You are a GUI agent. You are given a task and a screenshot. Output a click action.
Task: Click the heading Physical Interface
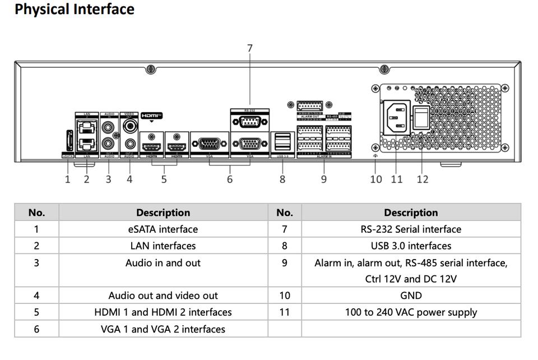(75, 10)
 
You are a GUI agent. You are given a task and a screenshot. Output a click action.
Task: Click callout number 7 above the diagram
(250, 48)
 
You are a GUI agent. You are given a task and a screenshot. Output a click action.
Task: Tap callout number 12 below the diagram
(423, 179)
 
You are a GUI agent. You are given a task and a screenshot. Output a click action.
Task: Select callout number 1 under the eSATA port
(68, 179)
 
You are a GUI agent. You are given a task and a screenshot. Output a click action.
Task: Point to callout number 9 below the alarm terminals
(324, 179)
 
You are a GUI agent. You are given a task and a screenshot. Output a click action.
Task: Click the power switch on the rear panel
(421, 118)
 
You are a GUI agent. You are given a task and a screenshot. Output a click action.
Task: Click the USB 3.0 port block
(282, 142)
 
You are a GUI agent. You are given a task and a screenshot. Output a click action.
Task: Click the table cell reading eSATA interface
(163, 229)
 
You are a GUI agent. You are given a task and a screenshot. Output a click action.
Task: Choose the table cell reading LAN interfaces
(163, 246)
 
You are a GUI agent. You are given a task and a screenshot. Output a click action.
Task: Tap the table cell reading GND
(411, 296)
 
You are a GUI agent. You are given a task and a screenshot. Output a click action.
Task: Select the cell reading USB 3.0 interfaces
(411, 246)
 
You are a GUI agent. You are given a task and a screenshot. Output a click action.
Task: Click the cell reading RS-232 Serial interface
(411, 229)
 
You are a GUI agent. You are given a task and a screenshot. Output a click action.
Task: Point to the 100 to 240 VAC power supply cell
(411, 312)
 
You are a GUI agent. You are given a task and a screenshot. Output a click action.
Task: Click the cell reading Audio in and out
(163, 262)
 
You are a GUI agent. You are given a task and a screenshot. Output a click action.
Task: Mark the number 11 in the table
(285, 312)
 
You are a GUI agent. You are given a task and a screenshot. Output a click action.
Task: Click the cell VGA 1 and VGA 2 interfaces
(163, 329)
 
